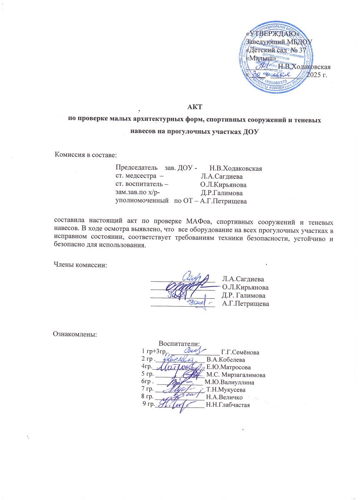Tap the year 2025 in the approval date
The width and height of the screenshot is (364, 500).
[x=315, y=75]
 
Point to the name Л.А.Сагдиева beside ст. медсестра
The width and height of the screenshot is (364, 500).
[x=222, y=176]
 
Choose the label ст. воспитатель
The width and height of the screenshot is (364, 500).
[x=142, y=185]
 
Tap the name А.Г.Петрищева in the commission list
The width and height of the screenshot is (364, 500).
[x=223, y=202]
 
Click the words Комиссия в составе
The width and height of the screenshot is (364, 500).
[x=85, y=155]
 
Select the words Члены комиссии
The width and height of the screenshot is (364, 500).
[x=80, y=266]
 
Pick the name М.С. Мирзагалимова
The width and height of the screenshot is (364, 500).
[x=236, y=375]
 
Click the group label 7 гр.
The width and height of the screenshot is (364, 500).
[x=148, y=390]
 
